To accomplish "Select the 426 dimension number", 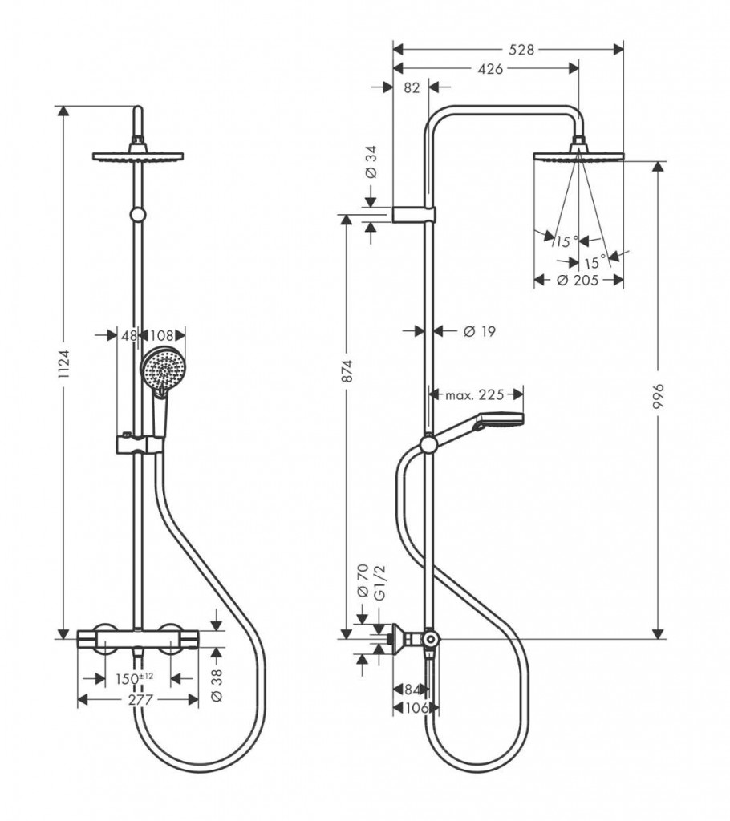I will [489, 69].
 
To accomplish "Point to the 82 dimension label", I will [411, 88].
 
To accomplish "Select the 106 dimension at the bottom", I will [414, 707].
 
